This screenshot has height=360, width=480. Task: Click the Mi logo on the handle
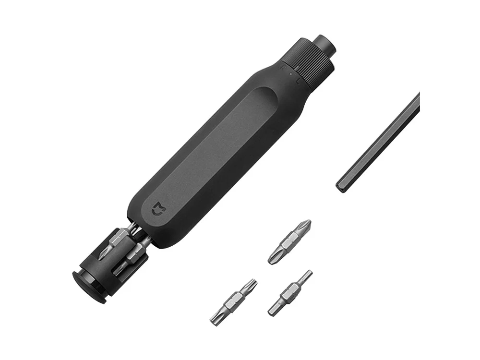coord(157,209)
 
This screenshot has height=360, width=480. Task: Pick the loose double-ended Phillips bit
coord(289,241)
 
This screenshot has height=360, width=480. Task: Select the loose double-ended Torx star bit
coord(233,302)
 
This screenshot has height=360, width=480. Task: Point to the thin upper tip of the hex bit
coord(305,276)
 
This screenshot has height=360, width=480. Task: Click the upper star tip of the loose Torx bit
coord(251,285)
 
